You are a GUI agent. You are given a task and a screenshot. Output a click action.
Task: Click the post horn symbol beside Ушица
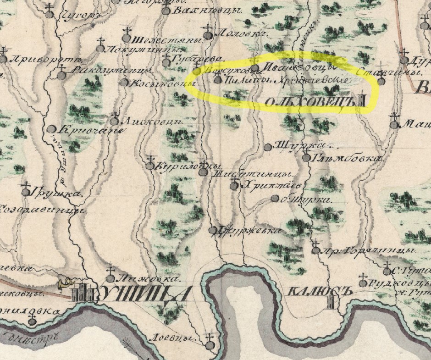pos(64,284)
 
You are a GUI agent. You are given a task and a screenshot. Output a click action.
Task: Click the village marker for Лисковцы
pos(114,122)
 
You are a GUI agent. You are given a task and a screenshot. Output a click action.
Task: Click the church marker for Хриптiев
pos(234,186)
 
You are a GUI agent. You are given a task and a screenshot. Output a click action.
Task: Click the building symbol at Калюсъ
pos(331,302)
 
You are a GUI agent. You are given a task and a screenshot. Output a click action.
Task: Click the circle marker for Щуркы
pos(268,147)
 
